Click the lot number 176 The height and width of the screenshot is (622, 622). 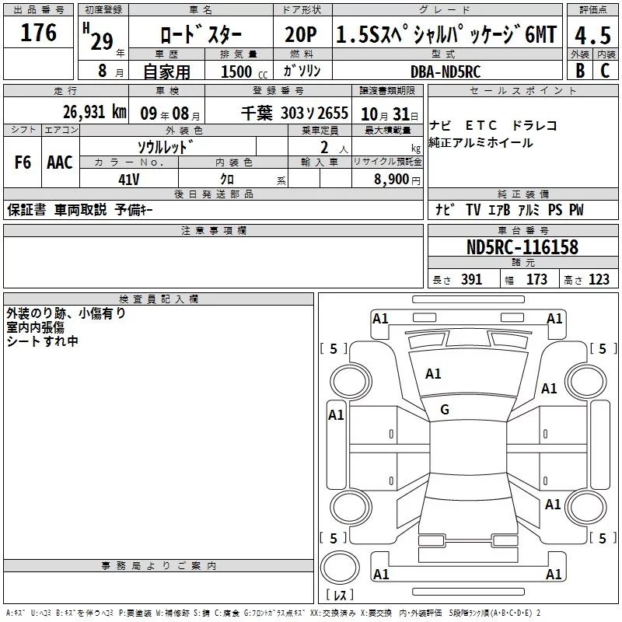(39, 33)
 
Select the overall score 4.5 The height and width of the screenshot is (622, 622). (592, 36)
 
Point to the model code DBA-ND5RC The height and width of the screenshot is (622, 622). (446, 71)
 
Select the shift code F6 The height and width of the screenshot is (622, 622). (23, 162)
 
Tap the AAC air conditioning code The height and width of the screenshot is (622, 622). (59, 162)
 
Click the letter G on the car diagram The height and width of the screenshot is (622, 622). (445, 410)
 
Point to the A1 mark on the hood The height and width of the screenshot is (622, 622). (433, 374)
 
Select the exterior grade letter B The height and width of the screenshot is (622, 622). (579, 71)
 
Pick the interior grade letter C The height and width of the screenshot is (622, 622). (605, 71)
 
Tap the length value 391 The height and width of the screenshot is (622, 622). (471, 280)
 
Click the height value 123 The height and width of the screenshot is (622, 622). (599, 280)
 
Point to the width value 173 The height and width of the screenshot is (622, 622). (536, 280)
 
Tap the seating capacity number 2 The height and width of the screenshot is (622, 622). (322, 147)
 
